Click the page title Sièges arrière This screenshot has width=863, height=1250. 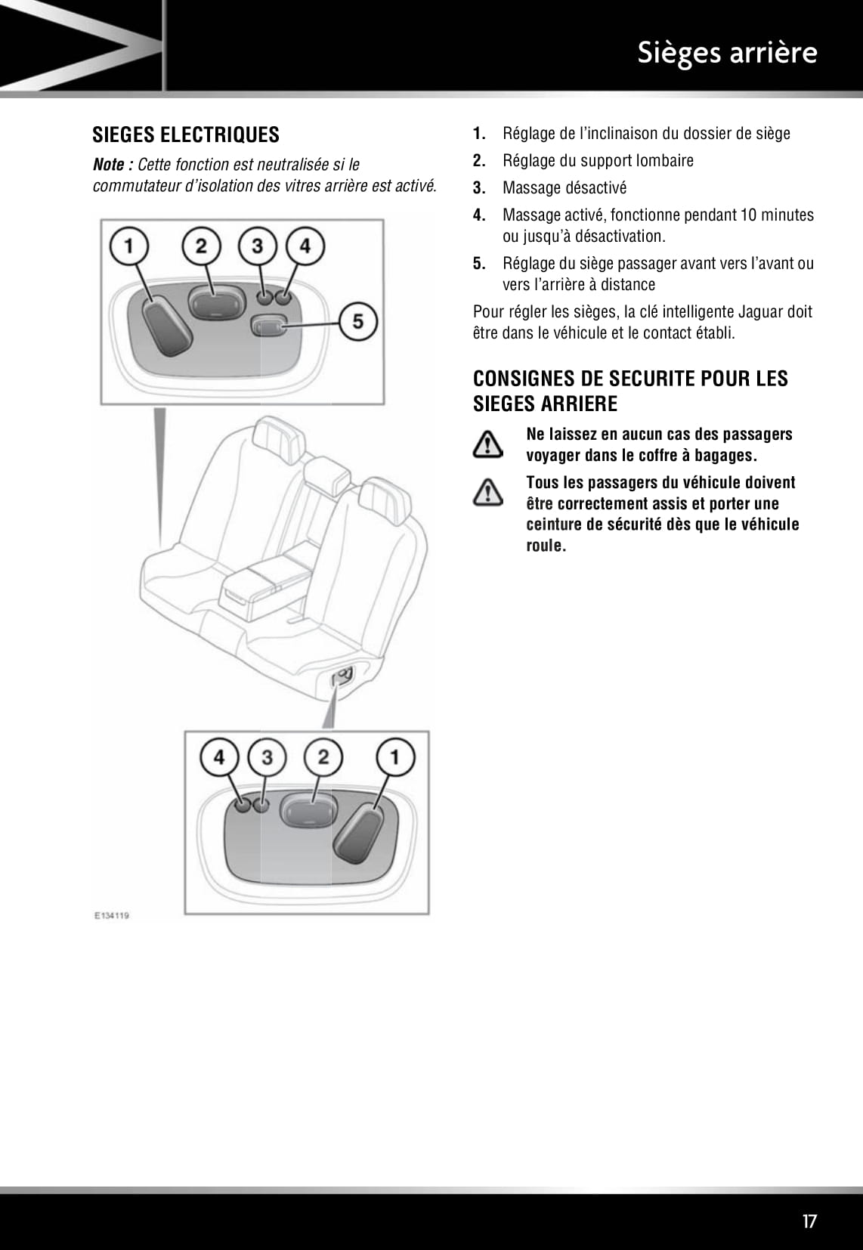click(x=726, y=53)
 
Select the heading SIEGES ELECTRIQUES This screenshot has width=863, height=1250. click(x=186, y=135)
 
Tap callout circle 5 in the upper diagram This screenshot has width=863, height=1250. click(x=359, y=321)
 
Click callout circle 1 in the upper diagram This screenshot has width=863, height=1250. click(x=130, y=246)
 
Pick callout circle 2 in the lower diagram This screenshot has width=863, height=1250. click(x=323, y=756)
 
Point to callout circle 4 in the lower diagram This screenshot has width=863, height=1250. click(x=219, y=756)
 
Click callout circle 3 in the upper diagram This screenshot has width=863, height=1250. click(x=258, y=246)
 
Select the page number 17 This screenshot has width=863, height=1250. click(x=809, y=1221)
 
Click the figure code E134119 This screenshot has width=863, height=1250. click(x=111, y=915)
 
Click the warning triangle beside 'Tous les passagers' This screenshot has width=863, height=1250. click(x=488, y=493)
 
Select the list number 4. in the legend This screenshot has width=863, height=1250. click(x=478, y=215)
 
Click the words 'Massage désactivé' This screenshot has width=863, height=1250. click(x=565, y=188)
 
